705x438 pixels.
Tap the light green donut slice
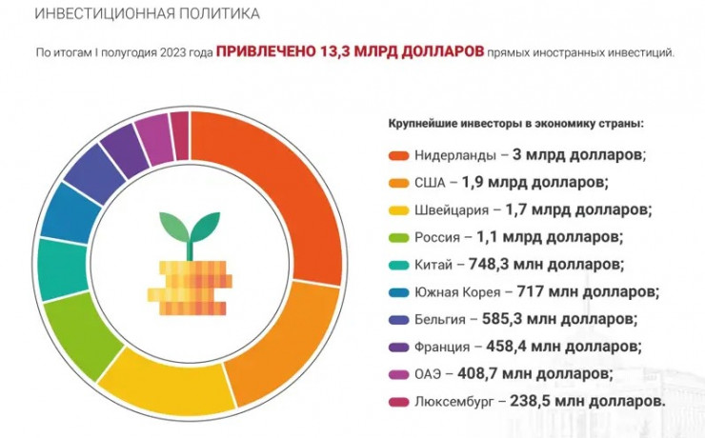pyautogui.click(x=81, y=333)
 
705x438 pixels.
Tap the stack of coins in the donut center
pyautogui.click(x=188, y=286)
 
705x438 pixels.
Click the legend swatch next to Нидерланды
pyautogui.click(x=398, y=154)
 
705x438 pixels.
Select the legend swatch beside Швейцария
pyautogui.click(x=398, y=209)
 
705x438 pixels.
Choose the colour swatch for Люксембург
pyautogui.click(x=398, y=402)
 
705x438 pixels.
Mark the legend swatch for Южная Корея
pyautogui.click(x=398, y=291)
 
